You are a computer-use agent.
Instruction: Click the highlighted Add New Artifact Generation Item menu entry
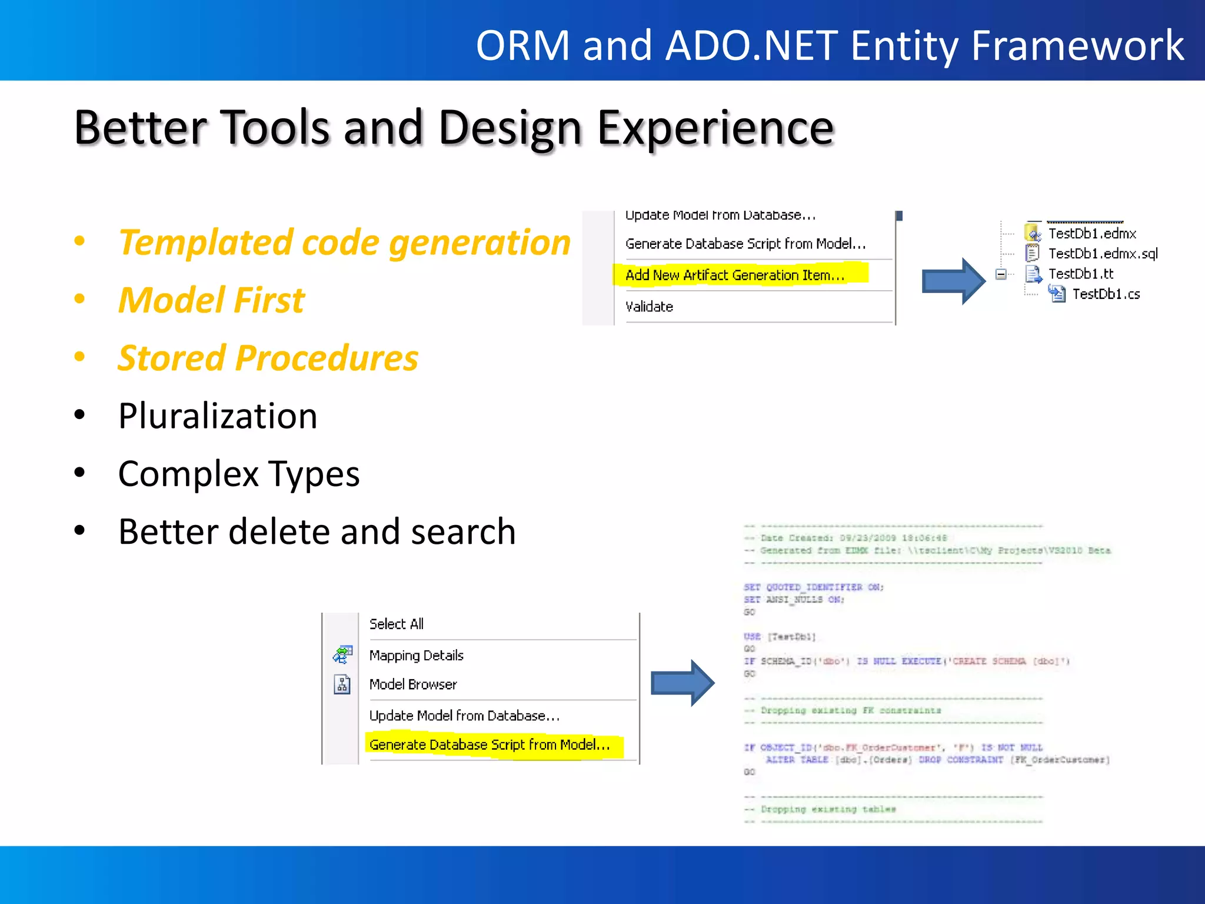(x=735, y=275)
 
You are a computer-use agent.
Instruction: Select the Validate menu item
(x=649, y=307)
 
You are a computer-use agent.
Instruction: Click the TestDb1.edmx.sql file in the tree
(x=1103, y=254)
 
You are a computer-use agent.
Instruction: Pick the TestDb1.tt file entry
(x=1080, y=274)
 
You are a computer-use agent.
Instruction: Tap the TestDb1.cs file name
(x=1106, y=294)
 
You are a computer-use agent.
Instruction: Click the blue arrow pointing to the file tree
(x=953, y=281)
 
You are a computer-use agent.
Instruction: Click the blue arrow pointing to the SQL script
(x=682, y=683)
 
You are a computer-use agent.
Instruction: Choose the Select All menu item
(x=396, y=624)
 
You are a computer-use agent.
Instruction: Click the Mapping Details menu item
(x=416, y=655)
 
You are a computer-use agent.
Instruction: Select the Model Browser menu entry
(x=412, y=684)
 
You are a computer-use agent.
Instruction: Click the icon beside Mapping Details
(x=342, y=654)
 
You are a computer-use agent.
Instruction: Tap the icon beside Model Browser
(x=342, y=684)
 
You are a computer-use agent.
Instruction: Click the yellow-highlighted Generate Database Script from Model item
(x=489, y=745)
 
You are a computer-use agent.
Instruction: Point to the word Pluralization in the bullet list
(x=218, y=416)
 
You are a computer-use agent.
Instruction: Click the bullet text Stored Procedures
(x=268, y=358)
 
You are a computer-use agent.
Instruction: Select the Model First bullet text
(x=211, y=300)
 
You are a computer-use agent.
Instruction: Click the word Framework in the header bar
(x=1077, y=45)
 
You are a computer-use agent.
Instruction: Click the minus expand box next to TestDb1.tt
(x=1001, y=274)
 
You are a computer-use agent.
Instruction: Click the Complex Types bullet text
(x=238, y=474)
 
